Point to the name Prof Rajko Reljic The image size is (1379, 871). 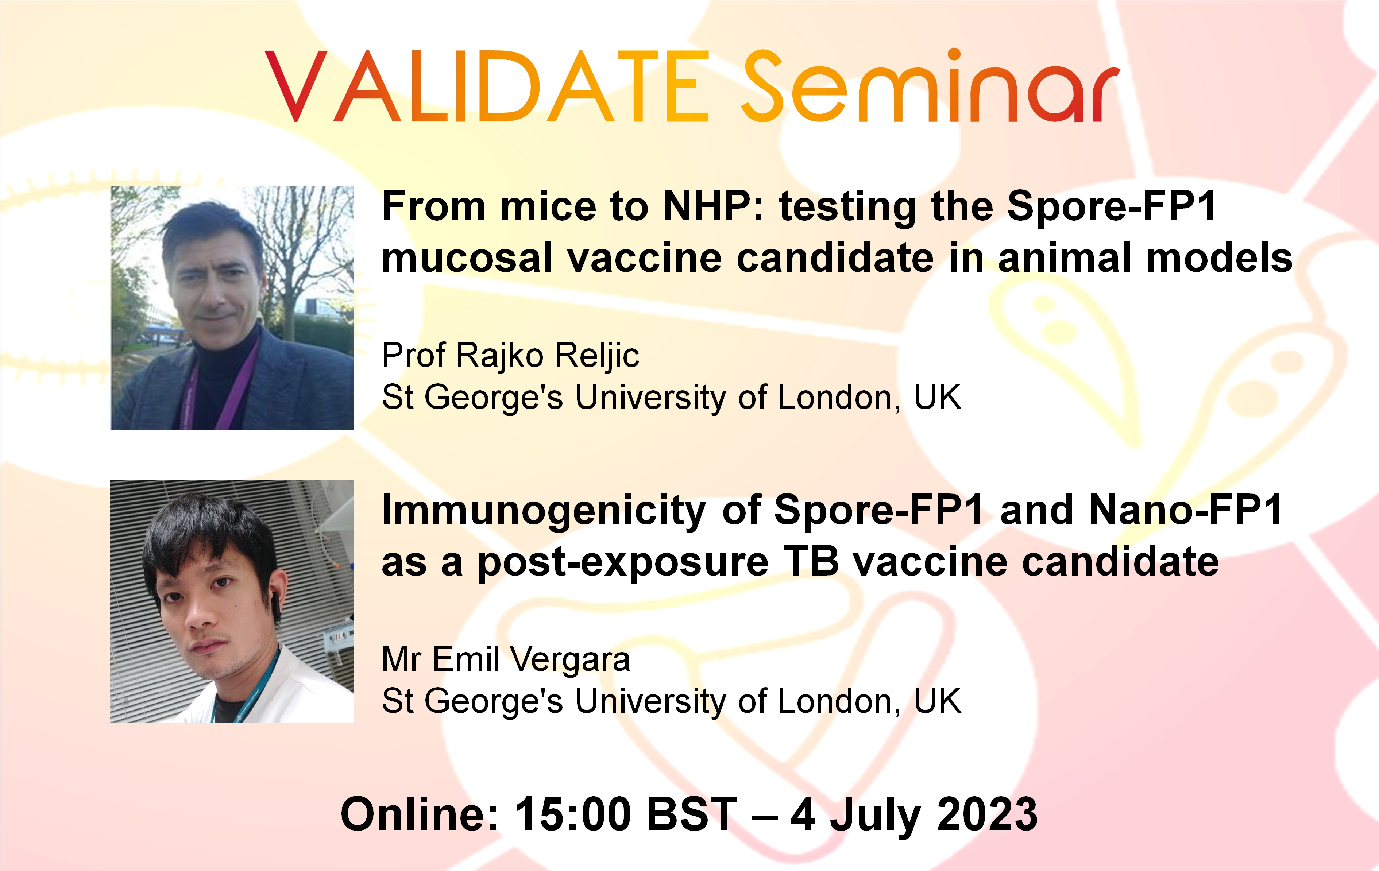[510, 356]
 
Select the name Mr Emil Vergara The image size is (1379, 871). [506, 659]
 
